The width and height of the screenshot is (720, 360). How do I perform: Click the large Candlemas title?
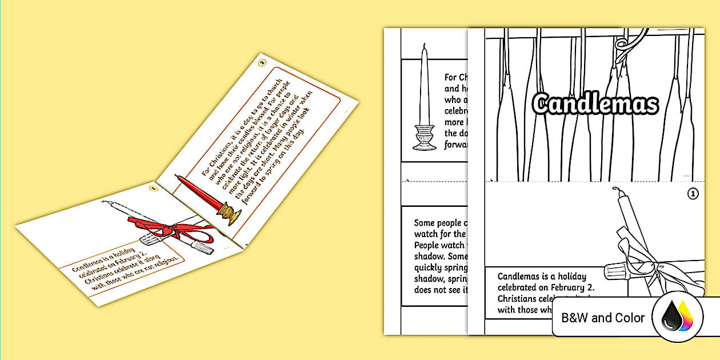click(595, 105)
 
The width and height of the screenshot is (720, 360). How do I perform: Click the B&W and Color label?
click(603, 318)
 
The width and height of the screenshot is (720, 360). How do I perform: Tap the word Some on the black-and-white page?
click(423, 223)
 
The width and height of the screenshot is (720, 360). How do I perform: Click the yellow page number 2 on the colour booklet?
click(261, 62)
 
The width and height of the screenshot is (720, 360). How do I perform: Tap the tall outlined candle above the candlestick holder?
click(423, 86)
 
